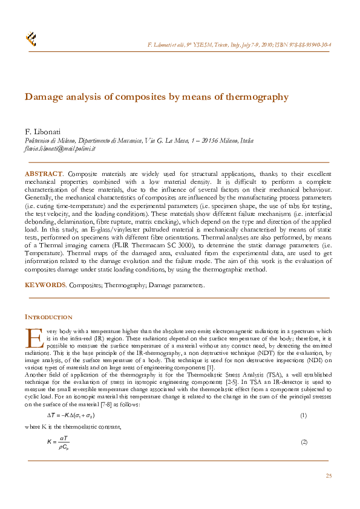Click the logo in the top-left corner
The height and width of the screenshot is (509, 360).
coord(31,39)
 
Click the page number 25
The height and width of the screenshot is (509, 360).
coord(329,476)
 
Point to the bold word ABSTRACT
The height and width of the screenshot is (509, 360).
coord(43,174)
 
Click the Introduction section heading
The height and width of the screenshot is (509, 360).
coord(48,317)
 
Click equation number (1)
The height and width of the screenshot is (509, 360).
coord(304,415)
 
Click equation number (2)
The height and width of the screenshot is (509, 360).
coord(304,441)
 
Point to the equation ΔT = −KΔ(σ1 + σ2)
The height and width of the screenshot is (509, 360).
coord(71,415)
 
